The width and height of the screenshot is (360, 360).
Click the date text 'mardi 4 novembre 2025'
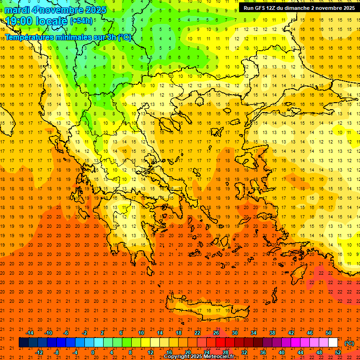point(55,10)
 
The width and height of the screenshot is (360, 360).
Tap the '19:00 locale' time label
point(37,21)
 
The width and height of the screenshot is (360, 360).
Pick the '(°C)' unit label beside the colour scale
point(349,343)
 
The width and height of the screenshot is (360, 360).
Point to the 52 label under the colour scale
point(338,352)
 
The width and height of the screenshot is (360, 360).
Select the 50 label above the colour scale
point(329,333)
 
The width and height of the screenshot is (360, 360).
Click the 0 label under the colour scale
point(92,352)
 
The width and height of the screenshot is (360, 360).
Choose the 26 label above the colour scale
point(216,333)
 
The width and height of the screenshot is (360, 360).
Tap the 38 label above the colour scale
point(272,333)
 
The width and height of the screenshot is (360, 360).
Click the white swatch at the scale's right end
point(333,343)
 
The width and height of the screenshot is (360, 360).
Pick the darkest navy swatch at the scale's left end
point(23,343)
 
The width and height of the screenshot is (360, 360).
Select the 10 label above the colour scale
point(141,333)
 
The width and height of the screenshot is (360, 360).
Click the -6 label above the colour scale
point(66,333)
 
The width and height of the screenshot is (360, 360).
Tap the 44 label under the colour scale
point(300,352)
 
